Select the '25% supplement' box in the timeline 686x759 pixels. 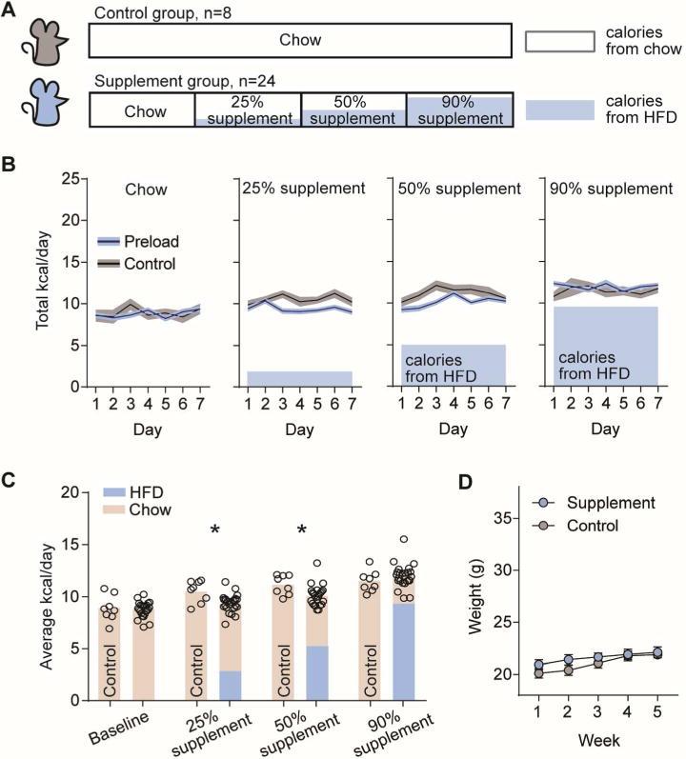[248, 110]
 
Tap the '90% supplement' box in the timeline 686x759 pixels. [460, 110]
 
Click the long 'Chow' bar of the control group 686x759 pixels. [300, 40]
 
